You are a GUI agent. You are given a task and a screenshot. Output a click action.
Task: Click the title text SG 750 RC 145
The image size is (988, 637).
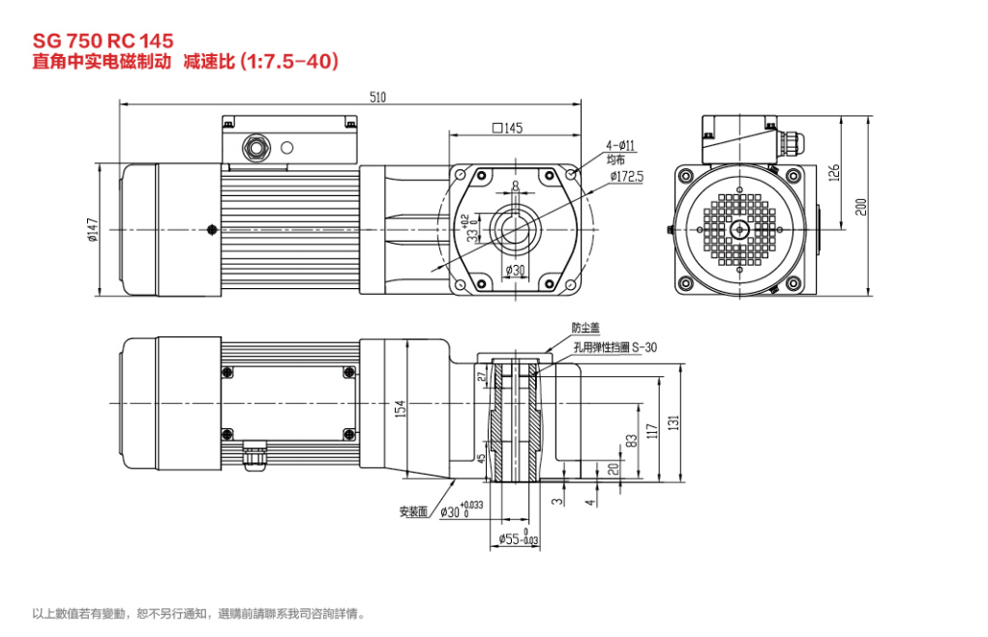(x=104, y=41)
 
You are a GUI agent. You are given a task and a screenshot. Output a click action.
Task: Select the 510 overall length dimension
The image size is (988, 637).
(x=378, y=97)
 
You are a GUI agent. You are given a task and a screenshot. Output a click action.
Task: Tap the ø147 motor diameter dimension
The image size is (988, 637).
(x=94, y=229)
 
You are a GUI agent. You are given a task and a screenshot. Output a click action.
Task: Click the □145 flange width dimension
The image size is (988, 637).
(x=507, y=129)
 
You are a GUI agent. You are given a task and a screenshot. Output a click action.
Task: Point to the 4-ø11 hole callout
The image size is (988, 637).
(x=620, y=145)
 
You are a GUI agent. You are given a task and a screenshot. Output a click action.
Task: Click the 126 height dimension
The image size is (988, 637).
(x=834, y=172)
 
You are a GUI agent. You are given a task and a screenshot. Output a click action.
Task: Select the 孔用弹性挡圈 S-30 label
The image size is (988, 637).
(x=614, y=347)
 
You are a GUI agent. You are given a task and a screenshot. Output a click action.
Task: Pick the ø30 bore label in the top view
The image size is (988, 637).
(x=514, y=271)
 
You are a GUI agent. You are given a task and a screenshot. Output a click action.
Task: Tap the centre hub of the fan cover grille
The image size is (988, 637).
(x=740, y=229)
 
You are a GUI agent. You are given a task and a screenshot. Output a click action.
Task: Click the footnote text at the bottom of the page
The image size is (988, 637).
(x=199, y=613)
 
